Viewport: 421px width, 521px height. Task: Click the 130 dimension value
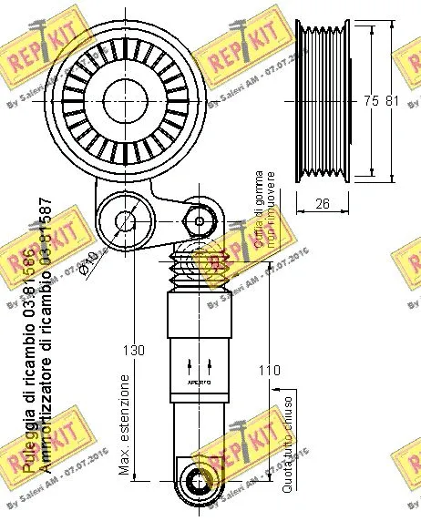[x=134, y=348]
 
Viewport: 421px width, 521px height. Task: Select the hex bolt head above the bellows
[x=199, y=219]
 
